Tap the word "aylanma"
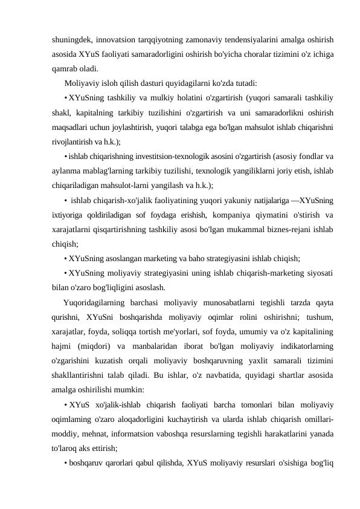[x=66, y=170]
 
